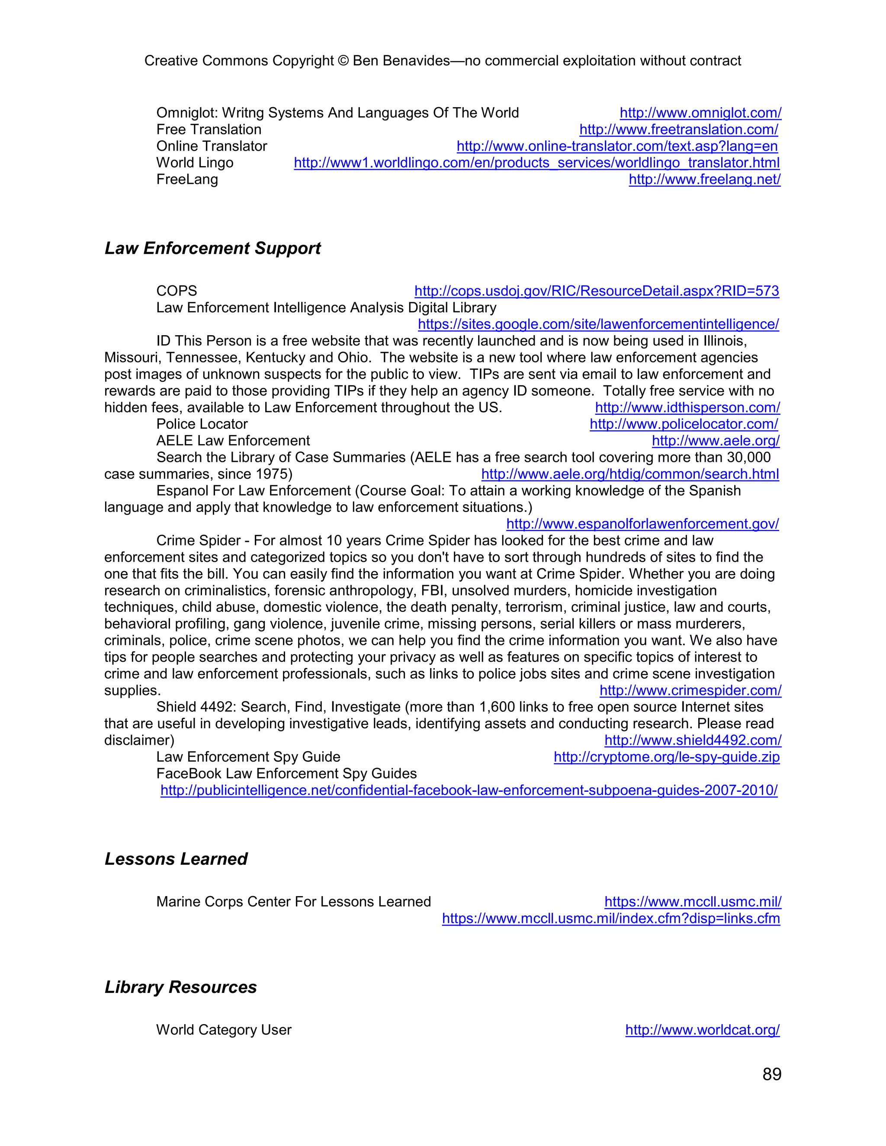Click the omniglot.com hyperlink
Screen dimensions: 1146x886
click(700, 113)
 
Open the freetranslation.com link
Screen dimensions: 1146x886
click(678, 130)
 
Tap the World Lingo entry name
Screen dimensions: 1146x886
click(195, 163)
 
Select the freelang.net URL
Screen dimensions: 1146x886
click(704, 179)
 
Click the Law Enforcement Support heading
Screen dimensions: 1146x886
click(212, 248)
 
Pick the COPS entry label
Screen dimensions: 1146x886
click(177, 291)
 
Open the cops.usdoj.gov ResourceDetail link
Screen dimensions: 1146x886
click(596, 291)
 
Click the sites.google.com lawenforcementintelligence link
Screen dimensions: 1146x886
click(598, 324)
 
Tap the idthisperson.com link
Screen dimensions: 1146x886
click(687, 408)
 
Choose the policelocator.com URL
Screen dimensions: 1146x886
click(684, 424)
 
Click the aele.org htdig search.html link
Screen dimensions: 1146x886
click(629, 474)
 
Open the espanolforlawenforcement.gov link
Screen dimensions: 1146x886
click(642, 524)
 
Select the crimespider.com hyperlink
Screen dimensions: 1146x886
click(690, 691)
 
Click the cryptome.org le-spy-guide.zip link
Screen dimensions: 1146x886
click(666, 757)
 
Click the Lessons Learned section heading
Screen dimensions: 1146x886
click(176, 859)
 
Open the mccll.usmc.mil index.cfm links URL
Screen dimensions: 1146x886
click(610, 919)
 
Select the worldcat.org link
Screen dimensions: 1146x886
click(702, 1030)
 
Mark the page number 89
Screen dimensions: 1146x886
click(772, 1074)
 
